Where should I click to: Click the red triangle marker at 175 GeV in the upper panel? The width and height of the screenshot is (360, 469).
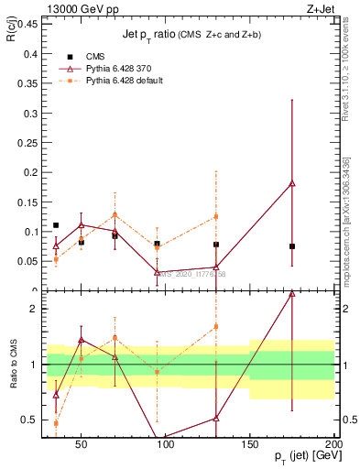(x=292, y=183)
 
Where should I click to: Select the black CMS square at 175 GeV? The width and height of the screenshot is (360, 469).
(x=292, y=246)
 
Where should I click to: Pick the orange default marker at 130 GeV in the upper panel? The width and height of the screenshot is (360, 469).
(x=216, y=217)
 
